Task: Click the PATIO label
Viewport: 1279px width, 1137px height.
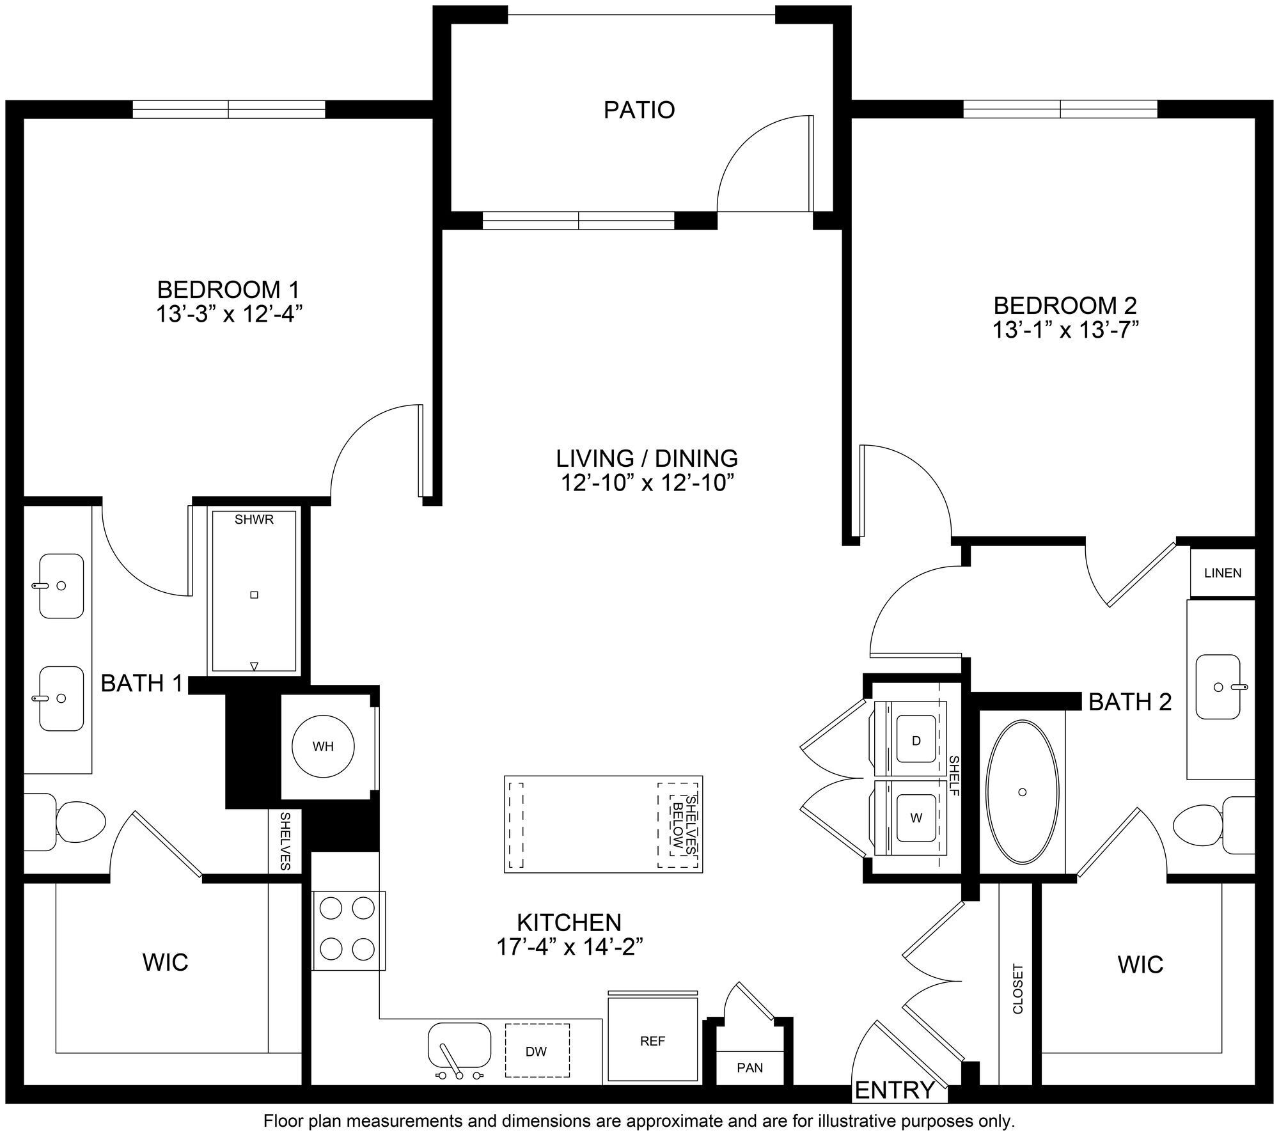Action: (639, 110)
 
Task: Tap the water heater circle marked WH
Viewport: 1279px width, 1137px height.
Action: (323, 746)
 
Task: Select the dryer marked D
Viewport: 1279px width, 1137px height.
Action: (916, 741)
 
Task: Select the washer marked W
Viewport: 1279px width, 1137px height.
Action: (916, 818)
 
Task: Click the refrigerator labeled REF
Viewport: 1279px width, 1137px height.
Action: (652, 1041)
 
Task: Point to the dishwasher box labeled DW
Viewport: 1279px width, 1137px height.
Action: (537, 1051)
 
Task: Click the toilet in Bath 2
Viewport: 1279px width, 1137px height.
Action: (1202, 825)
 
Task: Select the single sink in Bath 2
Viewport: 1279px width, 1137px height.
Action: (1218, 687)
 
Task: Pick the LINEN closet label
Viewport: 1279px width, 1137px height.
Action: (1223, 573)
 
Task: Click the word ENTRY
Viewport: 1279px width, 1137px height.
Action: (895, 1090)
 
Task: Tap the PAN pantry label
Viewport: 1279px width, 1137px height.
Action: (749, 1067)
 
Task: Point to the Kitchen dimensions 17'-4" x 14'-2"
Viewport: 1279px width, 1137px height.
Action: (569, 947)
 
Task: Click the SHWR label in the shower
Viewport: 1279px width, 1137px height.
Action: (254, 519)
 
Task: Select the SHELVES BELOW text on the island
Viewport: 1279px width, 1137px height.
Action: (684, 825)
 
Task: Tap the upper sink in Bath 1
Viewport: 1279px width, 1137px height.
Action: (61, 586)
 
